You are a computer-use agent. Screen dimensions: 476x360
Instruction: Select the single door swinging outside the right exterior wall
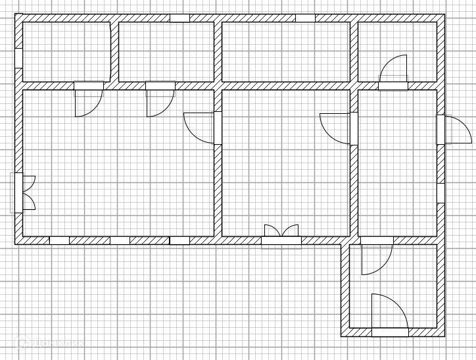(455, 130)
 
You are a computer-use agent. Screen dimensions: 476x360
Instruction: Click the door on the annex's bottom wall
(389, 313)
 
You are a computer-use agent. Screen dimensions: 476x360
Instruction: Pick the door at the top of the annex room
(376, 258)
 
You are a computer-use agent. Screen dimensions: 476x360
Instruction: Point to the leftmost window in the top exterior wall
(179, 18)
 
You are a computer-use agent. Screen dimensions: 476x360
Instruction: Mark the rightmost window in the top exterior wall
(304, 18)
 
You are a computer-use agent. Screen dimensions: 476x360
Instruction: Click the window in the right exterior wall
(440, 192)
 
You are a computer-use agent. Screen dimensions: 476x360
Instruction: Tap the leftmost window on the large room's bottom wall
(59, 240)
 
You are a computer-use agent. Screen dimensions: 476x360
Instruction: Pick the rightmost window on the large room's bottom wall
(179, 240)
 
